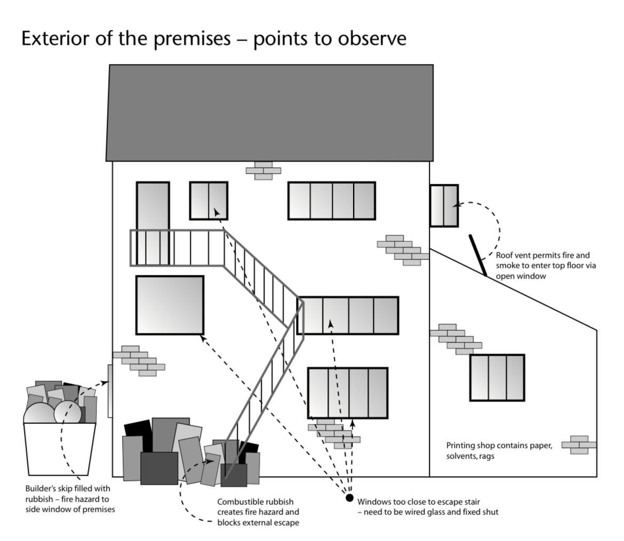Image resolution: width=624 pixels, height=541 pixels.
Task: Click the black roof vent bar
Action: click(x=478, y=255)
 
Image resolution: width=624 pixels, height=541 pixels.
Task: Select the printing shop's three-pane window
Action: click(x=497, y=378)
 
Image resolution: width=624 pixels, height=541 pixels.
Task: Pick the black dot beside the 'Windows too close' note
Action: click(x=349, y=498)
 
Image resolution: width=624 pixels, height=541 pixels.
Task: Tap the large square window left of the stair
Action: click(x=170, y=305)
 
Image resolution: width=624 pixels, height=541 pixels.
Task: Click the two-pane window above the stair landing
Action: click(x=209, y=201)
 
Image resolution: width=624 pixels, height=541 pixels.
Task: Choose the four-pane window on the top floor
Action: click(x=332, y=201)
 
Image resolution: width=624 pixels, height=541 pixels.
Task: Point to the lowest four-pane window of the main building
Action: click(x=348, y=393)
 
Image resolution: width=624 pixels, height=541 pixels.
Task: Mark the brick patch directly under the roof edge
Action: click(x=263, y=171)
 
